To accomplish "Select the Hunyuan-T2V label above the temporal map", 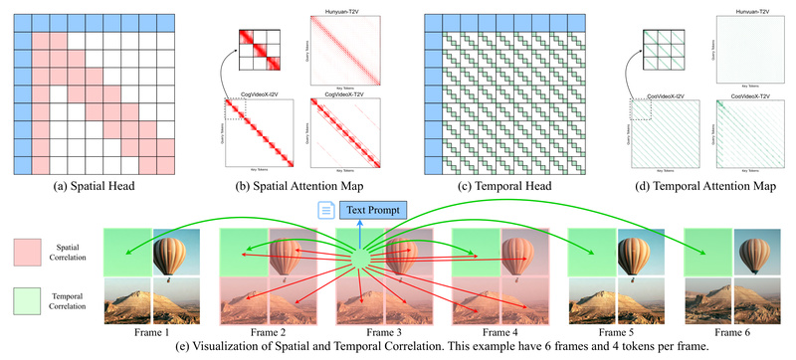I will (738, 9).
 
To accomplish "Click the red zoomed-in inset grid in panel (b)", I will (259, 52).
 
